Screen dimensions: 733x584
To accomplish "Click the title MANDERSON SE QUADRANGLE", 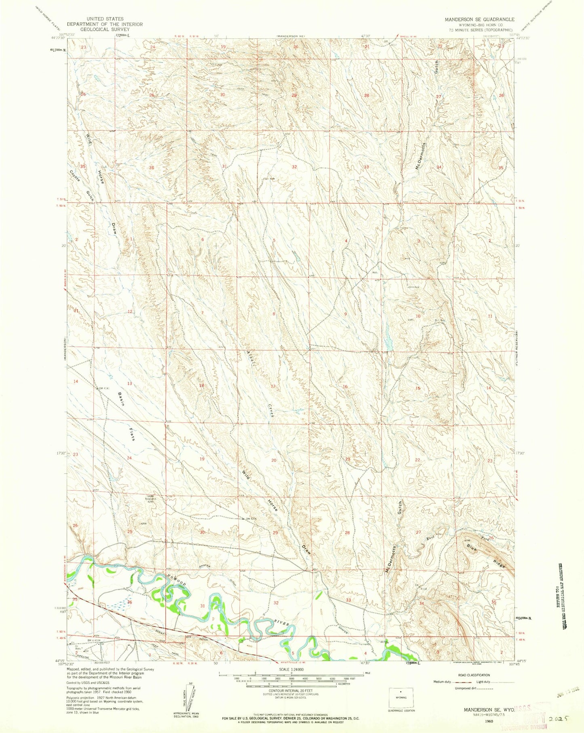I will [479, 19].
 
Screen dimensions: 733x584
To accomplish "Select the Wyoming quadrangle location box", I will [401, 697].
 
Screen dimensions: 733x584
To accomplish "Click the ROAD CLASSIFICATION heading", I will [474, 675].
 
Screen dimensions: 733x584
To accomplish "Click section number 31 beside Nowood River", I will [202, 606].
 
